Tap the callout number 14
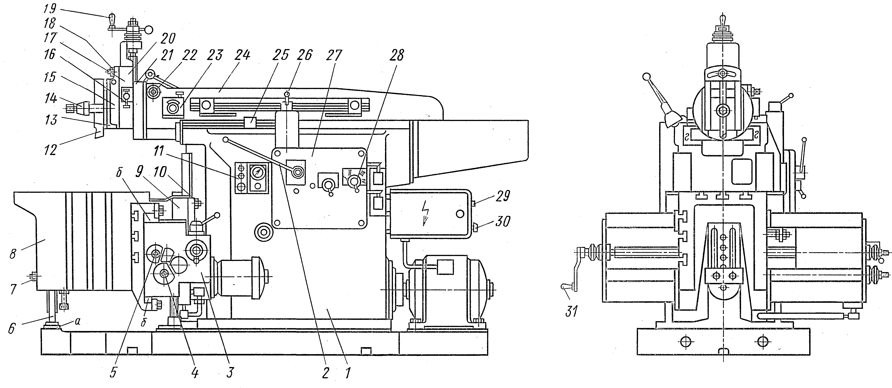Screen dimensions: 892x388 [x=51, y=99]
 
